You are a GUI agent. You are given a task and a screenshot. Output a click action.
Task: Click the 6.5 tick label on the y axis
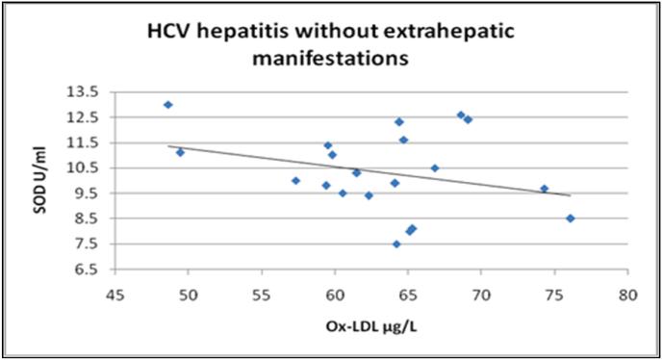(x=88, y=269)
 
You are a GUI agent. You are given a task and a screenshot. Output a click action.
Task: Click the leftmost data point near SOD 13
(x=167, y=105)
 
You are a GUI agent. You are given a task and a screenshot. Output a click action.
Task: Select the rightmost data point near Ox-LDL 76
(x=570, y=219)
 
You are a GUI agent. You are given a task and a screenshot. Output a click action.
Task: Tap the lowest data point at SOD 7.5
(x=396, y=244)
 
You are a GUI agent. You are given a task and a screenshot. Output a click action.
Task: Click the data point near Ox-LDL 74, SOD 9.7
(x=544, y=189)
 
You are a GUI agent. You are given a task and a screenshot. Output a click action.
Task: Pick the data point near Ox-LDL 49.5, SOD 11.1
(x=180, y=152)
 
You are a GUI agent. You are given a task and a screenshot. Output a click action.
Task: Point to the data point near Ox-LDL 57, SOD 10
(x=295, y=180)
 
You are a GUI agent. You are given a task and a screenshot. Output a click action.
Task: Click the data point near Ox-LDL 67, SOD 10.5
(x=434, y=167)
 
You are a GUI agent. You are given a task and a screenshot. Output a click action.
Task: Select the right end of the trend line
(x=571, y=195)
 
